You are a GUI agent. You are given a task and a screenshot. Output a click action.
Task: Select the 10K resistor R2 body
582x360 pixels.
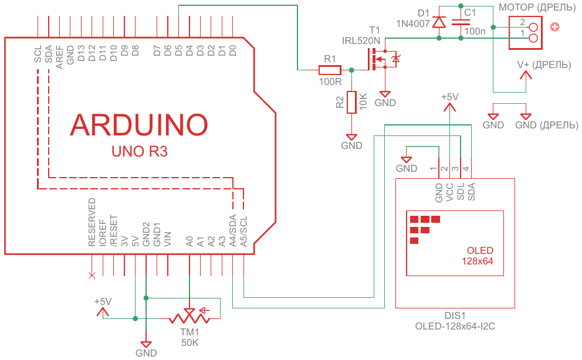tap(351, 102)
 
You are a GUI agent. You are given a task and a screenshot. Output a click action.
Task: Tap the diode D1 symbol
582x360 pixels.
tap(439, 22)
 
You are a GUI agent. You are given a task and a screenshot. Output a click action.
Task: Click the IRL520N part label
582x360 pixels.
tap(361, 40)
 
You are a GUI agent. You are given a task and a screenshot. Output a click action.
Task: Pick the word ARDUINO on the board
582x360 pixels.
tap(139, 124)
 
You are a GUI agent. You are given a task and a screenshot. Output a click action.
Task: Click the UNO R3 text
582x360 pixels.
tap(140, 152)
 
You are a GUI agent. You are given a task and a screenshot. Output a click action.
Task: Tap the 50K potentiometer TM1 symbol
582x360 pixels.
tap(190, 317)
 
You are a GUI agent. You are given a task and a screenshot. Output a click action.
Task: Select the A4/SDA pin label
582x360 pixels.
tap(233, 229)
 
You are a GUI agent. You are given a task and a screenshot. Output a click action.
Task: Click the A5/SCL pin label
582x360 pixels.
tap(244, 229)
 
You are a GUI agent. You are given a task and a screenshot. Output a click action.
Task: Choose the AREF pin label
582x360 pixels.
tap(59, 57)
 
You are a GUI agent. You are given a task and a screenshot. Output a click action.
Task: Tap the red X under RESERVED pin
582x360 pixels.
tap(91, 275)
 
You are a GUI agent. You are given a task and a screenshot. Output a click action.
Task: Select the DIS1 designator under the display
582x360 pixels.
tap(455, 315)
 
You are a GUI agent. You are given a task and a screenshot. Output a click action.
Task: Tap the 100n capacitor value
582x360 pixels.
tap(475, 31)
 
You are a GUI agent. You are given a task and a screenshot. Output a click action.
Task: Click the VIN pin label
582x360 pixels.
tap(168, 238)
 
